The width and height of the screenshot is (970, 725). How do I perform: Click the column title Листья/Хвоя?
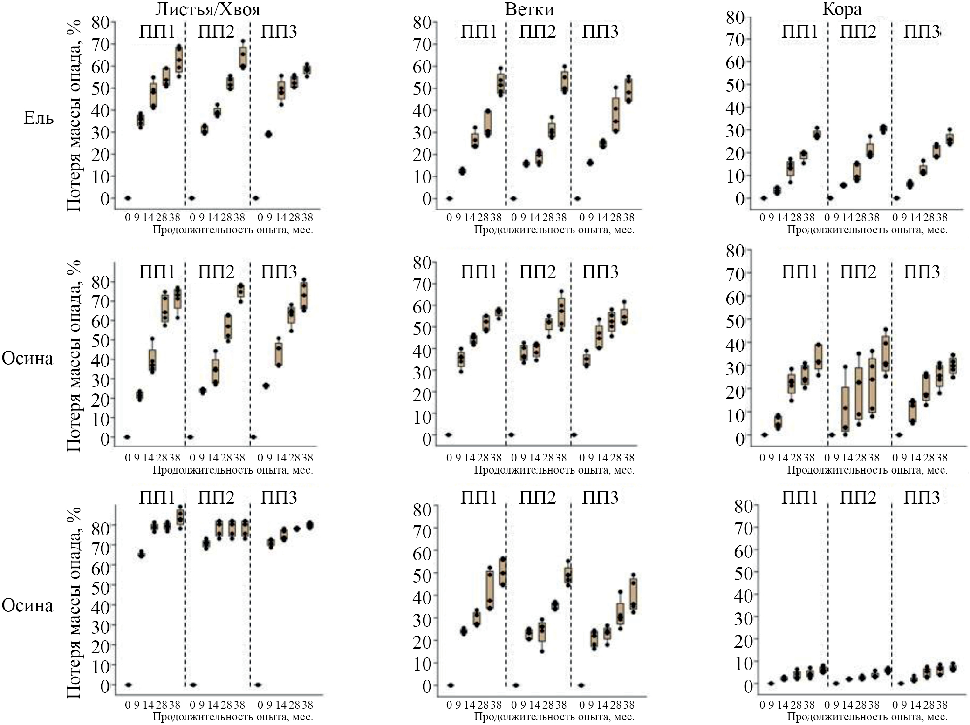[207, 9]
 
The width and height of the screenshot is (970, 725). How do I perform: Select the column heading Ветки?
[529, 9]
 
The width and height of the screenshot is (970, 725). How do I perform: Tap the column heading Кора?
[842, 9]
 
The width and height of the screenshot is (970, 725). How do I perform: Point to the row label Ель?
[39, 118]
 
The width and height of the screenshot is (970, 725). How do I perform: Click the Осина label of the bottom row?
[27, 605]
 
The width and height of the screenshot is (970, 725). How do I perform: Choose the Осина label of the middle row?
[27, 358]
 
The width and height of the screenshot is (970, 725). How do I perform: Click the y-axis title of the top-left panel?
[74, 116]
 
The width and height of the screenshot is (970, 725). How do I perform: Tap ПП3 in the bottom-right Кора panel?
[922, 497]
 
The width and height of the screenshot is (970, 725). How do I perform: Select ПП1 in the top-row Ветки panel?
[478, 32]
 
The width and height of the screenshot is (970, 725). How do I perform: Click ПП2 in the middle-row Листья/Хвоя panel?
[216, 272]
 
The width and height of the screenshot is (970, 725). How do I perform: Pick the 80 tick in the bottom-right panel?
[744, 506]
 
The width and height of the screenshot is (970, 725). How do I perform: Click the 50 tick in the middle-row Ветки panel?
[422, 328]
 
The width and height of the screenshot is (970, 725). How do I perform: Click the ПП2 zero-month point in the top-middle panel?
[513, 198]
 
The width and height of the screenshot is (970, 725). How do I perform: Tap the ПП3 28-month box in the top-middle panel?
[616, 115]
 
